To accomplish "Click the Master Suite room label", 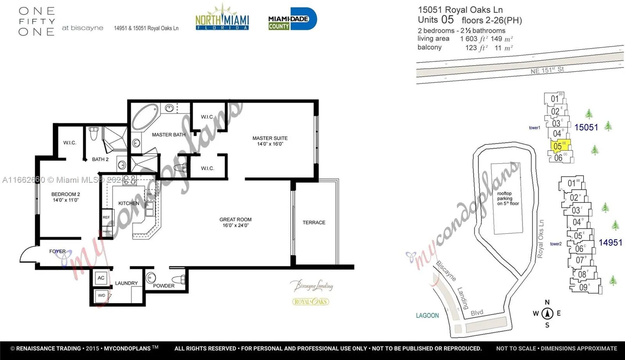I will (270, 138).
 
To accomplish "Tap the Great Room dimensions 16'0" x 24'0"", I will (236, 225).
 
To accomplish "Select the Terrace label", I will (314, 223).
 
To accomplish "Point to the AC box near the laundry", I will (101, 278).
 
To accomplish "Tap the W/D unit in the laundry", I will (102, 296).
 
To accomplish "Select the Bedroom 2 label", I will (66, 194).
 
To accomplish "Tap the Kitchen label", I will (129, 203).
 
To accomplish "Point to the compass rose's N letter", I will (547, 302).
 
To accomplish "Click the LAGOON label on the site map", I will (427, 315).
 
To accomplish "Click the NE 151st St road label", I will (547, 70).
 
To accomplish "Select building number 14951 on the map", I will (610, 242).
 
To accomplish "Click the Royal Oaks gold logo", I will (311, 301).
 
